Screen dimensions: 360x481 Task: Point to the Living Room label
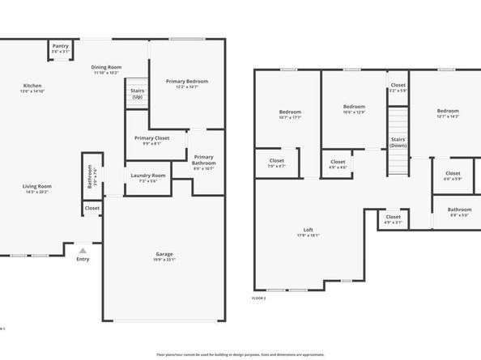coord(37,188)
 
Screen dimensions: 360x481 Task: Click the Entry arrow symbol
coord(83,250)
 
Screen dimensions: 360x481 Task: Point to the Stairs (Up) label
coord(138,92)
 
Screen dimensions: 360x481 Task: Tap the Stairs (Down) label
coord(398,142)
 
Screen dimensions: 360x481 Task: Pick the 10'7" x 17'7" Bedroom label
coord(290,113)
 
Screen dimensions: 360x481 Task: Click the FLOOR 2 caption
coord(259,298)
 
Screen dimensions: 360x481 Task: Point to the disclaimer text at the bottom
coord(240,354)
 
